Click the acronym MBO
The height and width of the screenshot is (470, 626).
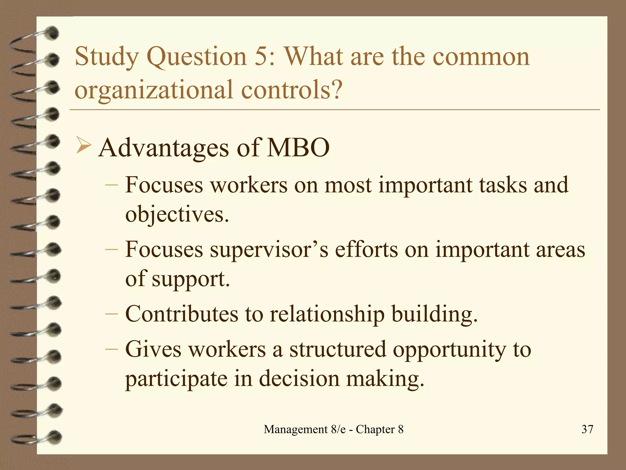click(x=298, y=148)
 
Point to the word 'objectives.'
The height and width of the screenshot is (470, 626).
click(x=177, y=214)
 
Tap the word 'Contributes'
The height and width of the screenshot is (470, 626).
click(x=182, y=314)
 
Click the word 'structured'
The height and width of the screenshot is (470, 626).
click(x=338, y=349)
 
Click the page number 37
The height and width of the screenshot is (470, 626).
click(x=587, y=429)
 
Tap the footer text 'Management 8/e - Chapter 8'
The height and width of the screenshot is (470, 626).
click(x=333, y=429)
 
